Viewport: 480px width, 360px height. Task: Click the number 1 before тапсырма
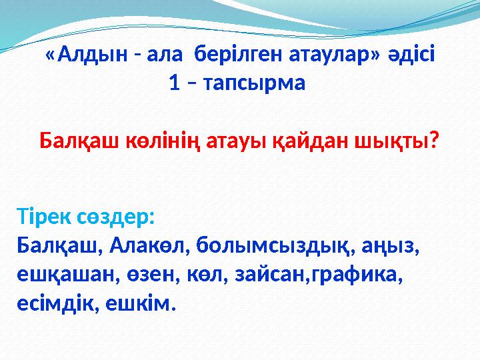tap(174, 84)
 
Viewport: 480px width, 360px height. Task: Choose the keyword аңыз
tap(387, 246)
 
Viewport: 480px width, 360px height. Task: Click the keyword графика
tap(357, 275)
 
